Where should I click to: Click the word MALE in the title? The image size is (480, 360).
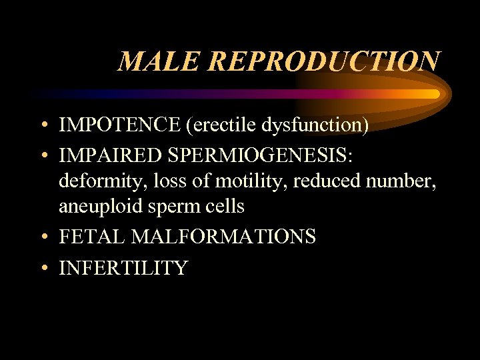tap(157, 61)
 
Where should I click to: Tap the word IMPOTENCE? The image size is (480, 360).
tap(119, 124)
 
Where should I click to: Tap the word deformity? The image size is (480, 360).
tap(95, 181)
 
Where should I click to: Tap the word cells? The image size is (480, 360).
tap(227, 207)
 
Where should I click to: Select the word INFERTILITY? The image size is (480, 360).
tap(123, 268)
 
